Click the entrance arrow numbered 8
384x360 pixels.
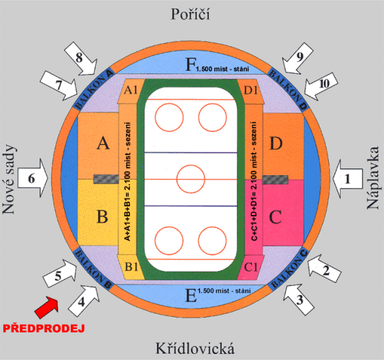pos(81,59)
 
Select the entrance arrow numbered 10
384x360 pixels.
pos(321,86)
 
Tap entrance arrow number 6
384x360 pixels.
pos(33,178)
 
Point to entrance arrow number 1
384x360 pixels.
pos(348,179)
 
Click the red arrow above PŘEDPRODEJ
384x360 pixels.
pos(46,307)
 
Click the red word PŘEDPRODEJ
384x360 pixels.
pos(44,328)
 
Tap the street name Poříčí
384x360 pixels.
pos(190,14)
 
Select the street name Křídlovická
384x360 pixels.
pos(195,349)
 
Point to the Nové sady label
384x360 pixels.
pos(9,179)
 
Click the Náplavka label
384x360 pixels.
pos(373,178)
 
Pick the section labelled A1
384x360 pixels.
pos(130,90)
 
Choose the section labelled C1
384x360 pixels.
pos(251,267)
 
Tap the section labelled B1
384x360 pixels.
pos(131,267)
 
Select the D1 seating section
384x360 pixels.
pos(251,90)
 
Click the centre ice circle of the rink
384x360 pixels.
pos(191,179)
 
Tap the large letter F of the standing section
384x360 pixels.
pos(191,64)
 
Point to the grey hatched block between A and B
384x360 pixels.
pos(106,179)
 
